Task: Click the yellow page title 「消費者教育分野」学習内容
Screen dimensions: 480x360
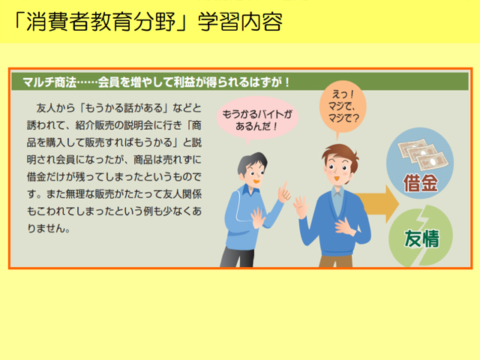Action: click(148, 22)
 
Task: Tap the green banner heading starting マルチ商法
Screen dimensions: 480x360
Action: click(156, 82)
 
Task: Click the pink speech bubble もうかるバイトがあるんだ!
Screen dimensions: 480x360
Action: click(257, 119)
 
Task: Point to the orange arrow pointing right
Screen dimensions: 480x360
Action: click(377, 203)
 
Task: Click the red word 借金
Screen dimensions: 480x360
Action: click(420, 183)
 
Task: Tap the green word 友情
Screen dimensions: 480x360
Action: click(421, 238)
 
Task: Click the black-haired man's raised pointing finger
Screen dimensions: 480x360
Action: click(285, 187)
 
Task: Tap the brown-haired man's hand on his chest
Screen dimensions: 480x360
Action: click(345, 226)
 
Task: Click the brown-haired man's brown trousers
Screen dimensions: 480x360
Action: click(335, 261)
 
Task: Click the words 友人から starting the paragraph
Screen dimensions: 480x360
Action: click(55, 108)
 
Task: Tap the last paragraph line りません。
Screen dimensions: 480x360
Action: click(49, 228)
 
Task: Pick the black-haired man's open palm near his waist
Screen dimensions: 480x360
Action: click(258, 217)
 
